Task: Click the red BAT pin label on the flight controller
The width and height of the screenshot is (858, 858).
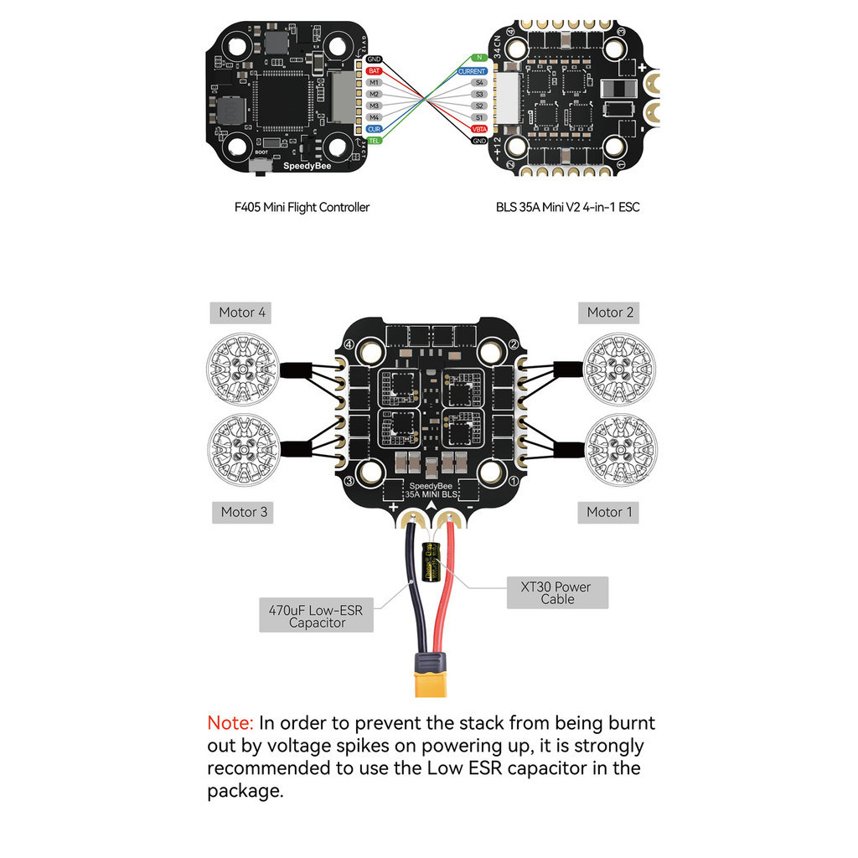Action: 374,71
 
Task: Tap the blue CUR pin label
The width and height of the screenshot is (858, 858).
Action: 374,129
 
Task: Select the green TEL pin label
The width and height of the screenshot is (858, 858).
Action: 374,141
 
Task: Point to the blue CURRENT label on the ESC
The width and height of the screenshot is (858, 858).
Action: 472,72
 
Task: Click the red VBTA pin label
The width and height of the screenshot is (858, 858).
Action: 479,129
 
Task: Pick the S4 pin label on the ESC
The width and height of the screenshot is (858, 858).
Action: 479,83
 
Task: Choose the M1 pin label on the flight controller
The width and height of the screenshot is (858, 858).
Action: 374,83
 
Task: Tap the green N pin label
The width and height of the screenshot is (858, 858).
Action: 479,58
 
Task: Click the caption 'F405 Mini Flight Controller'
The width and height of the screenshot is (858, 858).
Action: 302,207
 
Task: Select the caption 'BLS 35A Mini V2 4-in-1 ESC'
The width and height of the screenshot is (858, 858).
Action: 566,207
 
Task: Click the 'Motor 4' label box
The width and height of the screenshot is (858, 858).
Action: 242,313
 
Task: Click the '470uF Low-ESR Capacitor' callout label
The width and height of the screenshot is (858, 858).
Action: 316,617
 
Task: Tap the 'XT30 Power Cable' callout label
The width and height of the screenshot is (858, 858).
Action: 557,593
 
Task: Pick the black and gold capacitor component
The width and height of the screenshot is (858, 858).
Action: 432,561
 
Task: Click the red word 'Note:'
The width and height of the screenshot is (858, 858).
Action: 230,723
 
